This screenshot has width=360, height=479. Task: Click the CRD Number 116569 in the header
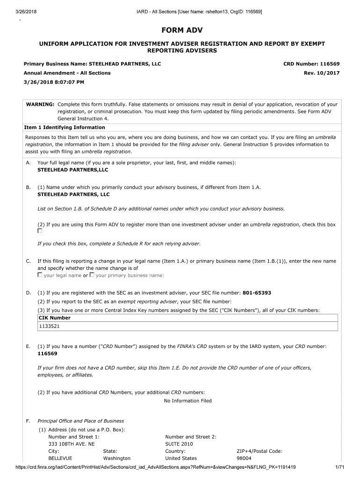click(x=311, y=64)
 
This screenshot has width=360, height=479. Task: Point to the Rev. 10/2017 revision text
click(x=322, y=73)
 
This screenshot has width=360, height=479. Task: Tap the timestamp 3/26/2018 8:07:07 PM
click(x=54, y=82)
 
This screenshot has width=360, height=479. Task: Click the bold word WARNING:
click(x=40, y=104)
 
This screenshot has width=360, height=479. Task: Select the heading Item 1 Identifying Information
click(x=65, y=127)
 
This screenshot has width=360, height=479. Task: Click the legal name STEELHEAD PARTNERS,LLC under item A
click(x=72, y=170)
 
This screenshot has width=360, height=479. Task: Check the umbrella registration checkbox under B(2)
click(x=40, y=231)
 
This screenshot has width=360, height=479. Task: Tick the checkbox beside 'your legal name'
click(x=40, y=275)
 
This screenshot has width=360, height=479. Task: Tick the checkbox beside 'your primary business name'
click(x=92, y=275)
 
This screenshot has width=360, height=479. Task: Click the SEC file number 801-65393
click(x=257, y=293)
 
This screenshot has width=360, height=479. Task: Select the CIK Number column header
click(x=54, y=318)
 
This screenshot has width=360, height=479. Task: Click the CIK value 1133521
click(x=49, y=327)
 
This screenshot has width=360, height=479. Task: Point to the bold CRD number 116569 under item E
click(x=47, y=354)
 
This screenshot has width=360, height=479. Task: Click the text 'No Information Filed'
click(x=187, y=400)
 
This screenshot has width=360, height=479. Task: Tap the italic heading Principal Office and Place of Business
click(x=80, y=421)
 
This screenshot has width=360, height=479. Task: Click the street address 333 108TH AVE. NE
click(x=71, y=444)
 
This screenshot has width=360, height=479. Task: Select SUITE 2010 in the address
click(x=179, y=444)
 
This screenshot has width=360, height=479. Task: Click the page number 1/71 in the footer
click(x=339, y=468)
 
